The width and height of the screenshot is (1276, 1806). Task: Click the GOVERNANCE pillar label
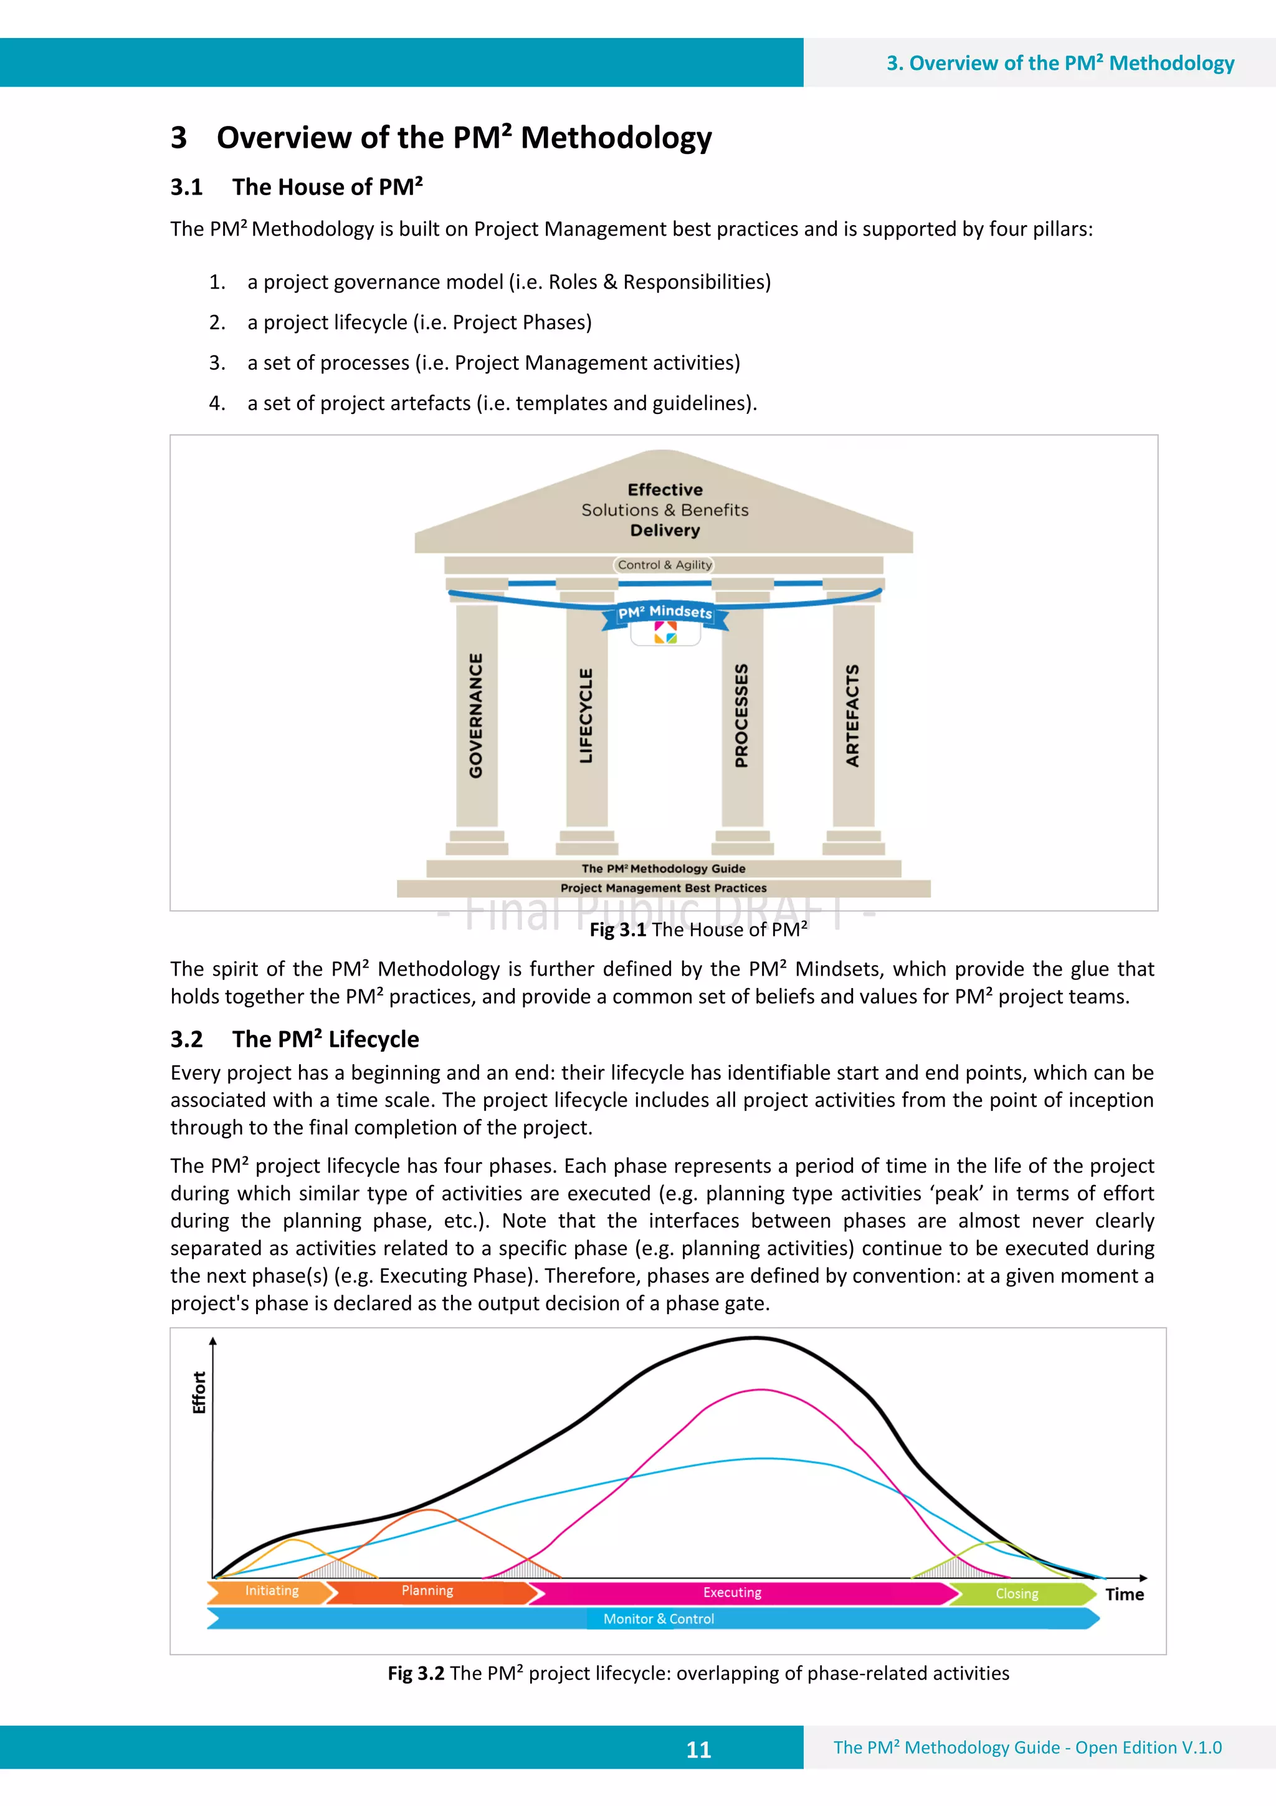pyautogui.click(x=477, y=715)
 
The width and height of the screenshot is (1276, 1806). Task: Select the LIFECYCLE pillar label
pyautogui.click(x=586, y=715)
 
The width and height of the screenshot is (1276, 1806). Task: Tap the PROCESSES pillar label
pyautogui.click(x=741, y=715)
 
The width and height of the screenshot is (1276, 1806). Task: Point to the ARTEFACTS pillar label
pyautogui.click(x=852, y=715)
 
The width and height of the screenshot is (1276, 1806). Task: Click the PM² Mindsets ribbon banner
pyautogui.click(x=665, y=612)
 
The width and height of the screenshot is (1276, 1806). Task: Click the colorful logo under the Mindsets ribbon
pyautogui.click(x=665, y=632)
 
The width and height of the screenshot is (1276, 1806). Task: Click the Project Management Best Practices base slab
pyautogui.click(x=664, y=888)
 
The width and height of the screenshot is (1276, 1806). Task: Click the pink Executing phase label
pyautogui.click(x=732, y=1592)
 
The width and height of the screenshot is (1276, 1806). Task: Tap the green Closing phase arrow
pyautogui.click(x=1017, y=1593)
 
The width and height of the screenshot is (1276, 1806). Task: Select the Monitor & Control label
pyautogui.click(x=659, y=1619)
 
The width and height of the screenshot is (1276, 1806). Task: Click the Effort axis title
pyautogui.click(x=199, y=1392)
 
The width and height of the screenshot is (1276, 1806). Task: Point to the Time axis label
pyautogui.click(x=1124, y=1595)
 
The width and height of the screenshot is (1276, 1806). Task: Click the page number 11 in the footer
pyautogui.click(x=698, y=1749)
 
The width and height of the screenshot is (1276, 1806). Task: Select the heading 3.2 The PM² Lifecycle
pyautogui.click(x=295, y=1039)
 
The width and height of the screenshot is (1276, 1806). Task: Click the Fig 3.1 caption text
pyautogui.click(x=698, y=929)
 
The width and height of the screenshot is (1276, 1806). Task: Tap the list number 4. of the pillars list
pyautogui.click(x=217, y=403)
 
